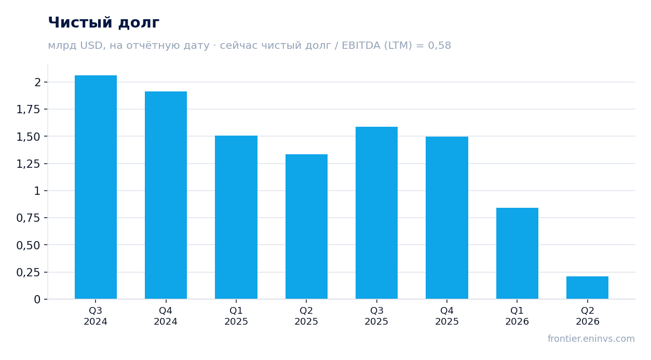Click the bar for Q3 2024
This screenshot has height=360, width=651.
click(x=96, y=187)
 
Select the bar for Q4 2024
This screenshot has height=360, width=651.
click(x=166, y=195)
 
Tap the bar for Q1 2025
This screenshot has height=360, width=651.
click(x=236, y=217)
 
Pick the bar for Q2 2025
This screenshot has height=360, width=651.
click(x=306, y=226)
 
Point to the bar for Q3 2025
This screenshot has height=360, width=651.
click(x=377, y=213)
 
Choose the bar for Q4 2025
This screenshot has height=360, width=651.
click(x=447, y=218)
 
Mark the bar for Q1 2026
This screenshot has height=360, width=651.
click(x=517, y=254)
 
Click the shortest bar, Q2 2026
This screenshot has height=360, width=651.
click(x=587, y=288)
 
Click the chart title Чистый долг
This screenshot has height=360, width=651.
click(x=104, y=23)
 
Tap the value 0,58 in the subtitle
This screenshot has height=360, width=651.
click(x=439, y=46)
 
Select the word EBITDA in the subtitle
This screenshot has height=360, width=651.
click(x=361, y=45)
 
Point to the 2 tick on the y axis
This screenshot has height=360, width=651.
click(x=37, y=82)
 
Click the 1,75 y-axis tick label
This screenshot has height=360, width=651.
click(x=28, y=110)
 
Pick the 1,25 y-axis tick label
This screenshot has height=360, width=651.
click(x=28, y=164)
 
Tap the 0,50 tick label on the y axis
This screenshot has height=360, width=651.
click(x=28, y=245)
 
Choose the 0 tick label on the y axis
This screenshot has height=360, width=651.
click(x=37, y=300)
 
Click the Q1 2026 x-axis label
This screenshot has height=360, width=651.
click(x=517, y=316)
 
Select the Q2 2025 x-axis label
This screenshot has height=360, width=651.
click(x=306, y=316)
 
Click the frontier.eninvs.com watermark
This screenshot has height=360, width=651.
click(x=591, y=339)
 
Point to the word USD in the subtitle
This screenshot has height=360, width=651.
click(x=91, y=46)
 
